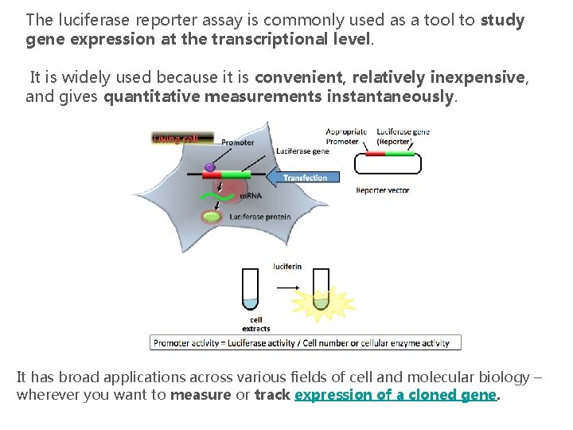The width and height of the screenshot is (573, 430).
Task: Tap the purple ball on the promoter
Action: click(210, 168)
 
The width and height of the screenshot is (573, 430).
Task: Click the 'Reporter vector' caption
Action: click(382, 190)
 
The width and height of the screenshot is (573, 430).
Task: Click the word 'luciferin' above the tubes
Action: click(287, 266)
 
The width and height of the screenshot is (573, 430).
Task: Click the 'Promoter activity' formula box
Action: click(306, 343)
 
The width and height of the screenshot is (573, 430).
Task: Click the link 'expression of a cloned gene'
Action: click(396, 395)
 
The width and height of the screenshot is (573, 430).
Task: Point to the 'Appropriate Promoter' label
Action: click(346, 136)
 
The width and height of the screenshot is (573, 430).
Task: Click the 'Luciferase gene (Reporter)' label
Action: click(403, 136)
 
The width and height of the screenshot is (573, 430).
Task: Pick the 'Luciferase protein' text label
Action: click(259, 217)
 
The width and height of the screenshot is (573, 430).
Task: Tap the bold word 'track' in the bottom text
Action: click(272, 395)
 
